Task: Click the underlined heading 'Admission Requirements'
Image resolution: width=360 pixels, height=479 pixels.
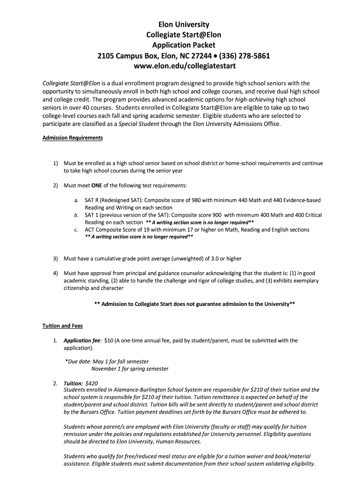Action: [x=72, y=138]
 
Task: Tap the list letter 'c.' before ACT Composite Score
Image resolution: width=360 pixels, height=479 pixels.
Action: [x=76, y=230]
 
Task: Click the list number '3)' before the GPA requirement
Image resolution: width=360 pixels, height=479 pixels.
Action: [x=55, y=258]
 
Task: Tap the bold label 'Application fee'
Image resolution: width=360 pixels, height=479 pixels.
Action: [x=82, y=341]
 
